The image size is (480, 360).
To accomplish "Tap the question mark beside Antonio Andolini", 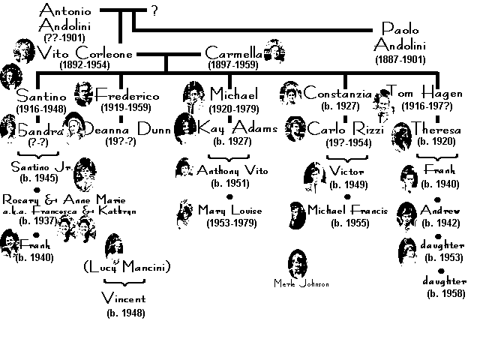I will tap(154, 10).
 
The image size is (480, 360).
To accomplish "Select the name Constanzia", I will tap(337, 94).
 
